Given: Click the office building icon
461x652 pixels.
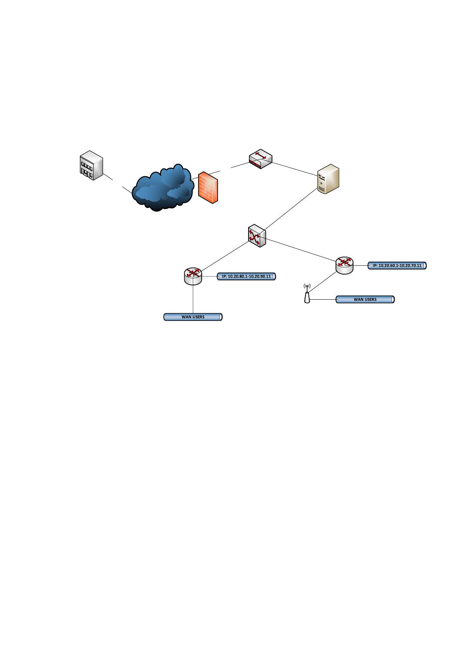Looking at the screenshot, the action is (x=91, y=165).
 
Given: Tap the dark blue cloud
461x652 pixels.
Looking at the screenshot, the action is (x=163, y=188).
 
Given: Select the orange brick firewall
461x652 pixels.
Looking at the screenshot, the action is (x=208, y=188).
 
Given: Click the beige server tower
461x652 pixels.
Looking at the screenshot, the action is (x=328, y=179).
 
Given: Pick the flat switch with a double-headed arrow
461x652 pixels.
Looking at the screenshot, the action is (x=260, y=159).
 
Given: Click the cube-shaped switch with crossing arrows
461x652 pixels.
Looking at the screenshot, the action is (x=257, y=235).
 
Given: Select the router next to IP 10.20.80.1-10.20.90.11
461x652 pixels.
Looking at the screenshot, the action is (x=193, y=276).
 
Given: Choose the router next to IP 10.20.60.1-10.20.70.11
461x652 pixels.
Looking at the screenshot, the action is (x=344, y=266).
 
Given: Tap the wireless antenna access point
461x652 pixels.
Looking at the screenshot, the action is (x=307, y=293).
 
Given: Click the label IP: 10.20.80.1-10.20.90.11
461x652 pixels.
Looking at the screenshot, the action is (x=246, y=276).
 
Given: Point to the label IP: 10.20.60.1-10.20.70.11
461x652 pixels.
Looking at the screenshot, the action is (x=397, y=266).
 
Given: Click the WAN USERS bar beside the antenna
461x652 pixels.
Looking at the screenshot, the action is (x=365, y=299).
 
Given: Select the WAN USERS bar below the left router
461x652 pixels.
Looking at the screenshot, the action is (x=193, y=317).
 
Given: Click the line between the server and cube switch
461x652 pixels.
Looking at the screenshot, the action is (x=290, y=209).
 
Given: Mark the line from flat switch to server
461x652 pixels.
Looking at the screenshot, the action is (x=295, y=169).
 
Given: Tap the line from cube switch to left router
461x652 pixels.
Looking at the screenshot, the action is (x=225, y=256).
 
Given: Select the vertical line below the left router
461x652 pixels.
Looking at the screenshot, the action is (x=193, y=299).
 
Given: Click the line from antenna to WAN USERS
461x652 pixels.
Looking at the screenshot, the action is (x=323, y=299).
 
